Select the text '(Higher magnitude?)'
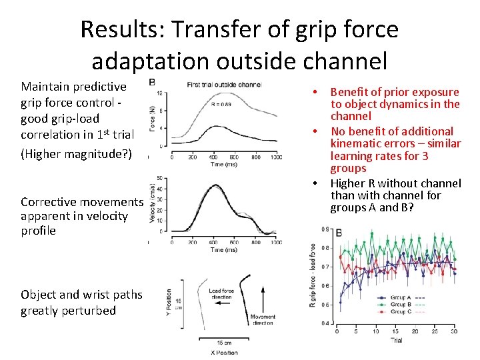click(77, 154)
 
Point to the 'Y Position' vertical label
click(169, 304)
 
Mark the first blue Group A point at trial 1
click(340, 301)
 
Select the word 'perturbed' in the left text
click(88, 311)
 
